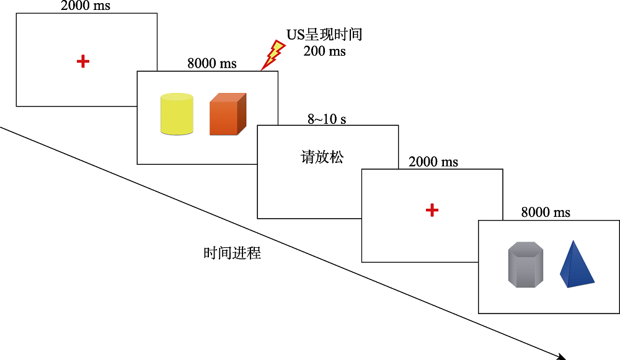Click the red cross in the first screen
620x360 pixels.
click(x=83, y=61)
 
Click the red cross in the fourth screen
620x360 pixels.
click(x=432, y=211)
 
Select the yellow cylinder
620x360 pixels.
click(x=177, y=114)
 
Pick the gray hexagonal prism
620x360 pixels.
click(x=526, y=265)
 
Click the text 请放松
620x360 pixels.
click(x=322, y=157)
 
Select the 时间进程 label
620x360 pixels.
click(x=232, y=253)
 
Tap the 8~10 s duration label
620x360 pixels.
click(x=327, y=119)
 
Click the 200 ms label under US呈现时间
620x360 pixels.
click(x=324, y=51)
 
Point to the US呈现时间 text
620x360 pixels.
click(x=324, y=34)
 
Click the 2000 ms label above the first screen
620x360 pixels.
click(x=86, y=6)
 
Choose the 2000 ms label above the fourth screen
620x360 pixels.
click(x=433, y=162)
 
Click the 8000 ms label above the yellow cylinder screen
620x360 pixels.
click(x=211, y=63)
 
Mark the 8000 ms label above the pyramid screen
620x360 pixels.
click(x=546, y=213)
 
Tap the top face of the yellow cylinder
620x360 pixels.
click(x=177, y=97)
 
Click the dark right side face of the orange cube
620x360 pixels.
click(x=242, y=113)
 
